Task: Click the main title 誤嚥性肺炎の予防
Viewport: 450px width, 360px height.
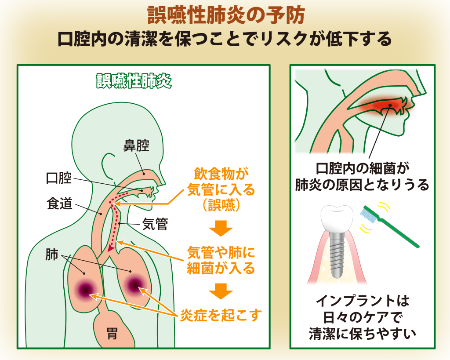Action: pos(225,16)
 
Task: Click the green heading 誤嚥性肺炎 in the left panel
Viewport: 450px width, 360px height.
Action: pos(134,81)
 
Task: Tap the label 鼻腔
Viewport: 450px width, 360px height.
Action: pos(136,146)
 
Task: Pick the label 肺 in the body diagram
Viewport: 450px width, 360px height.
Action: pos(52,255)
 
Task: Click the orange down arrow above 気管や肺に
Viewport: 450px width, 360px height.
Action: pos(220,229)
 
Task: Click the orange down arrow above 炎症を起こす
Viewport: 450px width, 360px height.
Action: pos(220,291)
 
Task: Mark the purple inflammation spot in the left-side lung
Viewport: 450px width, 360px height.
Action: pos(85,288)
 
